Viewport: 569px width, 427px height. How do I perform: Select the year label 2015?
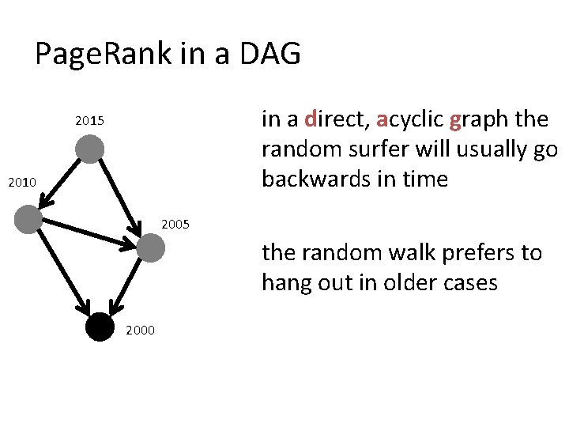coord(89,122)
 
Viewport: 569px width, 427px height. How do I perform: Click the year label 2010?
coord(22,183)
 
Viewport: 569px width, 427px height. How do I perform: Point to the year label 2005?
coord(175,225)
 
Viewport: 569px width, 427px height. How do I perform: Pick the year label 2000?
coord(141,330)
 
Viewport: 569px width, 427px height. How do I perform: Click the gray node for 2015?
coord(91,149)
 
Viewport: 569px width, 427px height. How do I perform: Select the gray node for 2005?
coord(150,249)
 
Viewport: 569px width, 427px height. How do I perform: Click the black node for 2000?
coord(100,327)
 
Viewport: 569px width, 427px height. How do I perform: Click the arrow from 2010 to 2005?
coord(90,234)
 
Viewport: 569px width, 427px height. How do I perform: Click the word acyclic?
coord(409,120)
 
